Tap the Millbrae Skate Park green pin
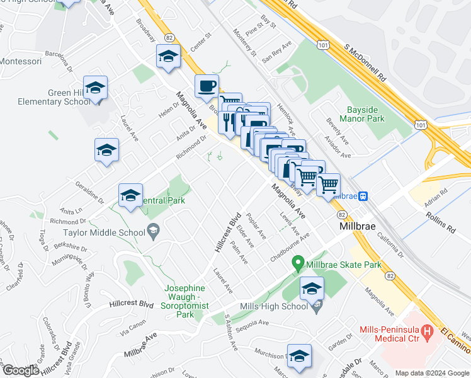pyautogui.click(x=298, y=264)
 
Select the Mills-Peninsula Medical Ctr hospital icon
pyautogui.click(x=428, y=330)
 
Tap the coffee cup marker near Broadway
pyautogui.click(x=206, y=87)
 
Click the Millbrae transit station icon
pyautogui.click(x=364, y=196)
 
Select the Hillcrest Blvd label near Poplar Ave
pyautogui.click(x=229, y=232)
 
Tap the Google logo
pyautogui.click(x=21, y=370)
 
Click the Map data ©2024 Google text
pyautogui.click(x=432, y=373)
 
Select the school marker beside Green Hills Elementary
pyautogui.click(x=95, y=88)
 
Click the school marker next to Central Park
pyautogui.click(x=130, y=196)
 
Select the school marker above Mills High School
pyautogui.click(x=311, y=289)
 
